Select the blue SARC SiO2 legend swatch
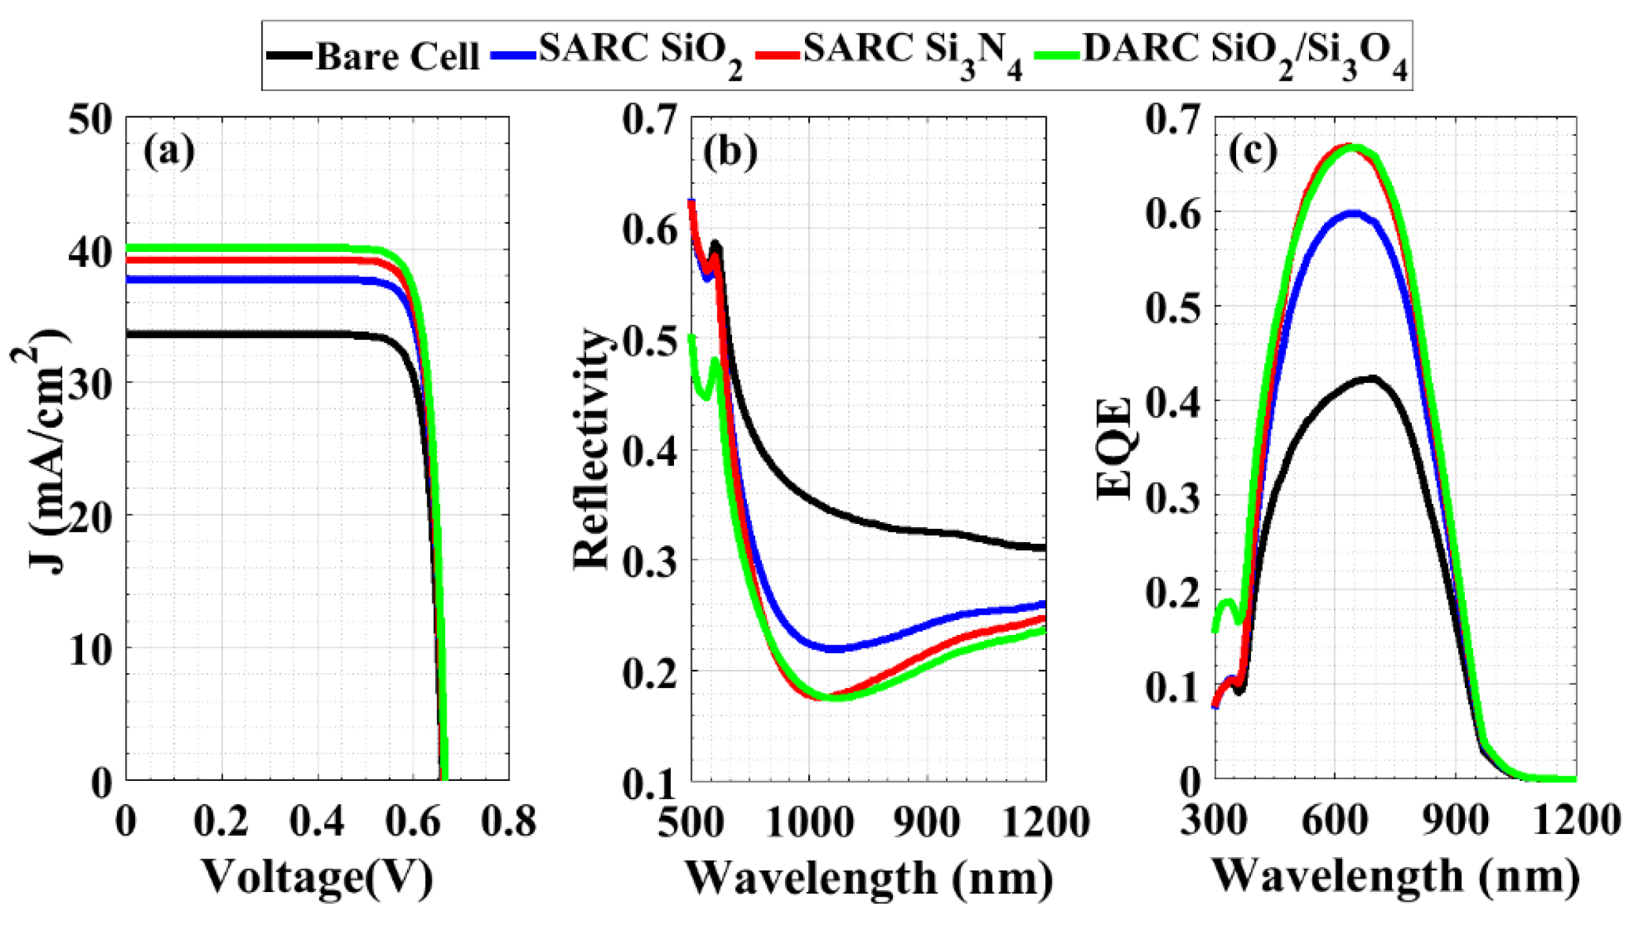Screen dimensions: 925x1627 point(513,56)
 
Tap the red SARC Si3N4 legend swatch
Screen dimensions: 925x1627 point(778,56)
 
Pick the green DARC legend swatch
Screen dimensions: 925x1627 point(1057,56)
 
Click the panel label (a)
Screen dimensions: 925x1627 point(169,152)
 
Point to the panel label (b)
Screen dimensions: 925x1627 point(730,154)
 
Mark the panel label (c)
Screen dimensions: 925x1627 point(1253,152)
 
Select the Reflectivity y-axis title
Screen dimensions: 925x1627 point(592,450)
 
